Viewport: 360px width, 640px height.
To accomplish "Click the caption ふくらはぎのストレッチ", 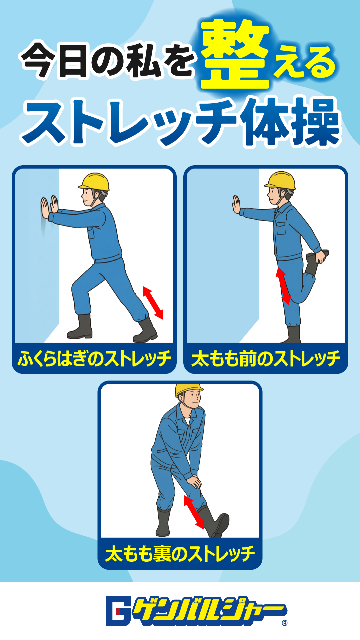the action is pyautogui.click(x=94, y=359).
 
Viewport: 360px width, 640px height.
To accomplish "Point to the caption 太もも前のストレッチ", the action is pyautogui.click(x=266, y=359).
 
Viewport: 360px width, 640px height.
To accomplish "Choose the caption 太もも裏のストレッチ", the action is pyautogui.click(x=180, y=554).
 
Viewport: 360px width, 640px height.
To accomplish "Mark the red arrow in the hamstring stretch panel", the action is pyautogui.click(x=195, y=513).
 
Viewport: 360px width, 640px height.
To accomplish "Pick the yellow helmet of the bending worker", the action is pyautogui.click(x=188, y=390).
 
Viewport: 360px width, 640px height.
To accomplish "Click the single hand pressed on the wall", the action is pyautogui.click(x=237, y=205).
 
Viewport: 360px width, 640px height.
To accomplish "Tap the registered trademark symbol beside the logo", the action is pyautogui.click(x=285, y=623).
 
